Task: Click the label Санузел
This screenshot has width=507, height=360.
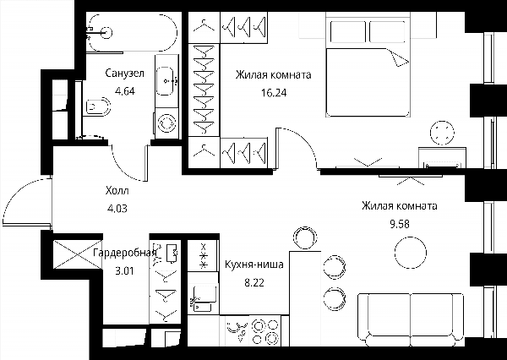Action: pos(124,74)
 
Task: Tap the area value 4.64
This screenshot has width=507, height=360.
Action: pos(125,91)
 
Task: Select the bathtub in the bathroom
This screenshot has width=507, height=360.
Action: pos(133,32)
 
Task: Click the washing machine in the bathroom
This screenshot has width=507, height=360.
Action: pos(166,123)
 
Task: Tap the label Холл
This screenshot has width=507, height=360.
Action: pos(117,190)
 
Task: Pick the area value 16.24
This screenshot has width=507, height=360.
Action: pos(274,93)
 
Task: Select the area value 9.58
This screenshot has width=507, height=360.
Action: pos(400,224)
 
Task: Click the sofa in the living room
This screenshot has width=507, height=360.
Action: pos(411,319)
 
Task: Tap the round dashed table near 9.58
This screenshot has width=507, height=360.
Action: pos(411,253)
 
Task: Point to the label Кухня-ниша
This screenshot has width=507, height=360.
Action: pos(254,265)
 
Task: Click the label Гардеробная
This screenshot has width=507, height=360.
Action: pos(125,253)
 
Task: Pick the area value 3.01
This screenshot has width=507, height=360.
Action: pos(124,270)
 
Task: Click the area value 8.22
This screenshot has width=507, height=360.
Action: pos(254,283)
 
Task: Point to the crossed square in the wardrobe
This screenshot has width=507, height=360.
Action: pos(78,254)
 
